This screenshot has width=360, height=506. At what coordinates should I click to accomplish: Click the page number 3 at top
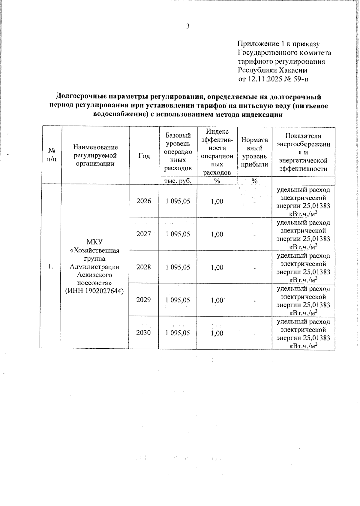click(x=188, y=26)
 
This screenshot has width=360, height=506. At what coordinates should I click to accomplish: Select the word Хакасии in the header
click(x=293, y=70)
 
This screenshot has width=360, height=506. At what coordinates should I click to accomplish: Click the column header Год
click(x=144, y=155)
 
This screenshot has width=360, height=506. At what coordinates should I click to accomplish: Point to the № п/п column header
click(x=52, y=155)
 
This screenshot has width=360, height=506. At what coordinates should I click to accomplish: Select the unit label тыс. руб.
click(x=178, y=180)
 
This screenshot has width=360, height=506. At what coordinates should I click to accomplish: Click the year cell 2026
click(x=144, y=201)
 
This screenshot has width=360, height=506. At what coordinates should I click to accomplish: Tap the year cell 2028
click(x=144, y=267)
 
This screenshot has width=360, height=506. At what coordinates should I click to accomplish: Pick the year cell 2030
click(x=144, y=333)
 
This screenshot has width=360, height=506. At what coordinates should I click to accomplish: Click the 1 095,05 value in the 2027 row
click(x=178, y=234)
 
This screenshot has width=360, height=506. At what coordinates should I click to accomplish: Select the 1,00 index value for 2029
click(x=217, y=300)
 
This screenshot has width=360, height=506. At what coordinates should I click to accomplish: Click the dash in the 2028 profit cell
click(x=254, y=268)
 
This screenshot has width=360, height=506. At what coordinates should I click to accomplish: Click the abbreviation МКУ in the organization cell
click(x=94, y=242)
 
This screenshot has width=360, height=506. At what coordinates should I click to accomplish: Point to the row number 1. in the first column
click(x=51, y=266)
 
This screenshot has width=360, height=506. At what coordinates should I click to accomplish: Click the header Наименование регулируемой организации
click(x=95, y=155)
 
